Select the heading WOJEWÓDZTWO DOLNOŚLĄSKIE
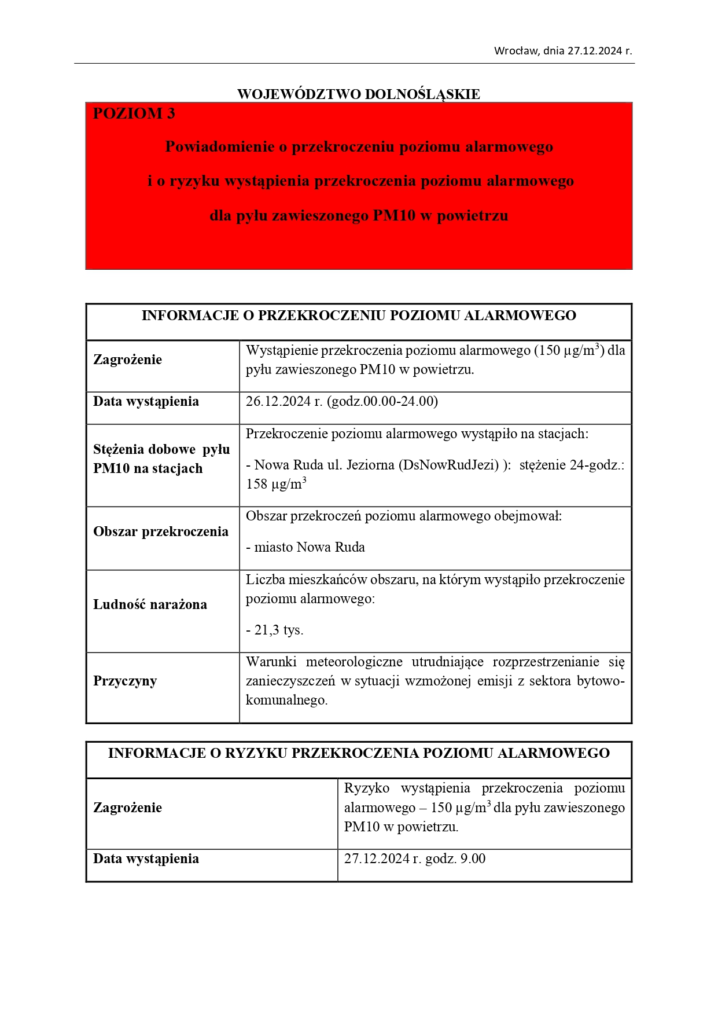pyautogui.click(x=359, y=94)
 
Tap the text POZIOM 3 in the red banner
pyautogui.click(x=134, y=113)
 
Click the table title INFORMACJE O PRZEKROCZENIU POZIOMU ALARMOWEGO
pyautogui.click(x=359, y=316)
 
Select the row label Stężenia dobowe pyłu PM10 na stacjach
pyautogui.click(x=161, y=459)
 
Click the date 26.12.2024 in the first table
pyautogui.click(x=278, y=402)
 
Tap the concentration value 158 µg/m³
pyautogui.click(x=276, y=485)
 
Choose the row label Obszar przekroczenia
pyautogui.click(x=161, y=532)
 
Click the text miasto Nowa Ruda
pyautogui.click(x=310, y=548)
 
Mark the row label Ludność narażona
pyautogui.click(x=150, y=605)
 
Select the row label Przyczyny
pyautogui.click(x=125, y=681)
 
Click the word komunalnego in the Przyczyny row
pyautogui.click(x=286, y=700)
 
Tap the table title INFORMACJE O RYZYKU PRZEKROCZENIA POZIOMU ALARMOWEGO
pyautogui.click(x=359, y=753)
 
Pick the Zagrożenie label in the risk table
pyautogui.click(x=128, y=808)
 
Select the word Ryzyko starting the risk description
pyautogui.click(x=367, y=788)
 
